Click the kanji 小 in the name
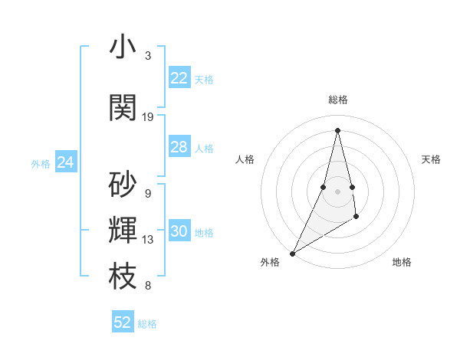[x=123, y=47]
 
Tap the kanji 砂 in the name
[x=123, y=185]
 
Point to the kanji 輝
[x=123, y=231]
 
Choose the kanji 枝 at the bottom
[x=123, y=277]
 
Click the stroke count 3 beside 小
[x=148, y=56]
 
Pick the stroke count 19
[x=148, y=117]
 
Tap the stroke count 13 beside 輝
[x=148, y=240]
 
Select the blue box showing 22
[x=179, y=78]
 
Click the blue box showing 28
[x=179, y=147]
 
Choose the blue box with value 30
[x=179, y=231]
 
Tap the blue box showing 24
[x=66, y=162]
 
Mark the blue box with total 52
[x=123, y=322]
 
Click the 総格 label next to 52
[x=147, y=324]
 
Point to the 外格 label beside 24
[x=40, y=163]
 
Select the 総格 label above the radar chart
[x=337, y=100]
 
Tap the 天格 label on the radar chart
[x=431, y=159]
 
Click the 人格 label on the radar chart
[x=245, y=159]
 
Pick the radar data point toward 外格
[x=292, y=253]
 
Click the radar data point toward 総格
[x=337, y=129]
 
